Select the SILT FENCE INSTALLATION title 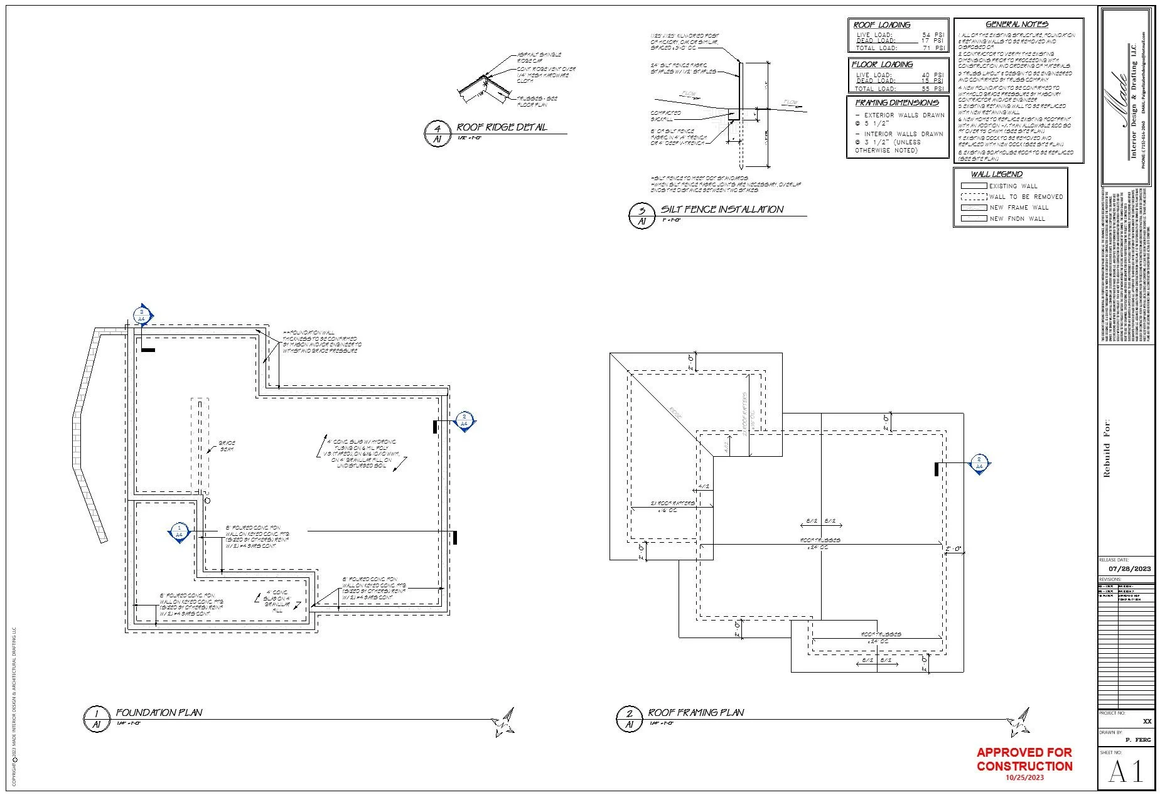(722, 210)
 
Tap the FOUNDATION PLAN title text (159, 713)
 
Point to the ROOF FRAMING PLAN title (696, 713)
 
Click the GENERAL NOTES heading (1017, 24)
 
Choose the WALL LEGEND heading (997, 174)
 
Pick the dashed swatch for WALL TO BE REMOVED (974, 196)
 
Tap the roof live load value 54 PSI (933, 35)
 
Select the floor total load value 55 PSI (933, 89)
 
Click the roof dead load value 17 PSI (933, 41)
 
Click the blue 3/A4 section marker (143, 315)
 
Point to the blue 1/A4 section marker (179, 531)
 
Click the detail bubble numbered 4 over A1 (438, 134)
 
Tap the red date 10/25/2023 (1024, 777)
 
